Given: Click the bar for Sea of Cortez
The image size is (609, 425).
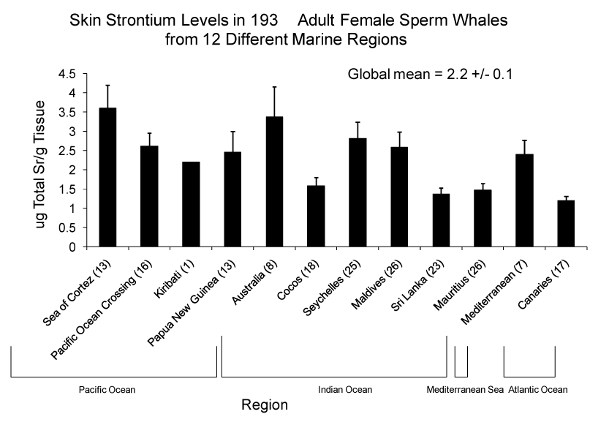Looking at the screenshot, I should point(107,177).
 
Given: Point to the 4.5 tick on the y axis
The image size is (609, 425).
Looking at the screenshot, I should point(67,74).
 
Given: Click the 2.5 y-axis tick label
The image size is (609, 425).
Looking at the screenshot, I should point(67,151).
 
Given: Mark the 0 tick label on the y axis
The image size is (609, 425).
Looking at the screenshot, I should point(72,247).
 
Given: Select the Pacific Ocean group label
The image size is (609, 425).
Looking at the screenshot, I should point(107,389).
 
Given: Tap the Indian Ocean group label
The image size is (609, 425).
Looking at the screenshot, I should point(345,389).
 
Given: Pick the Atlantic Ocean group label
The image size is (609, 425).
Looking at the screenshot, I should point(537,389).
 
